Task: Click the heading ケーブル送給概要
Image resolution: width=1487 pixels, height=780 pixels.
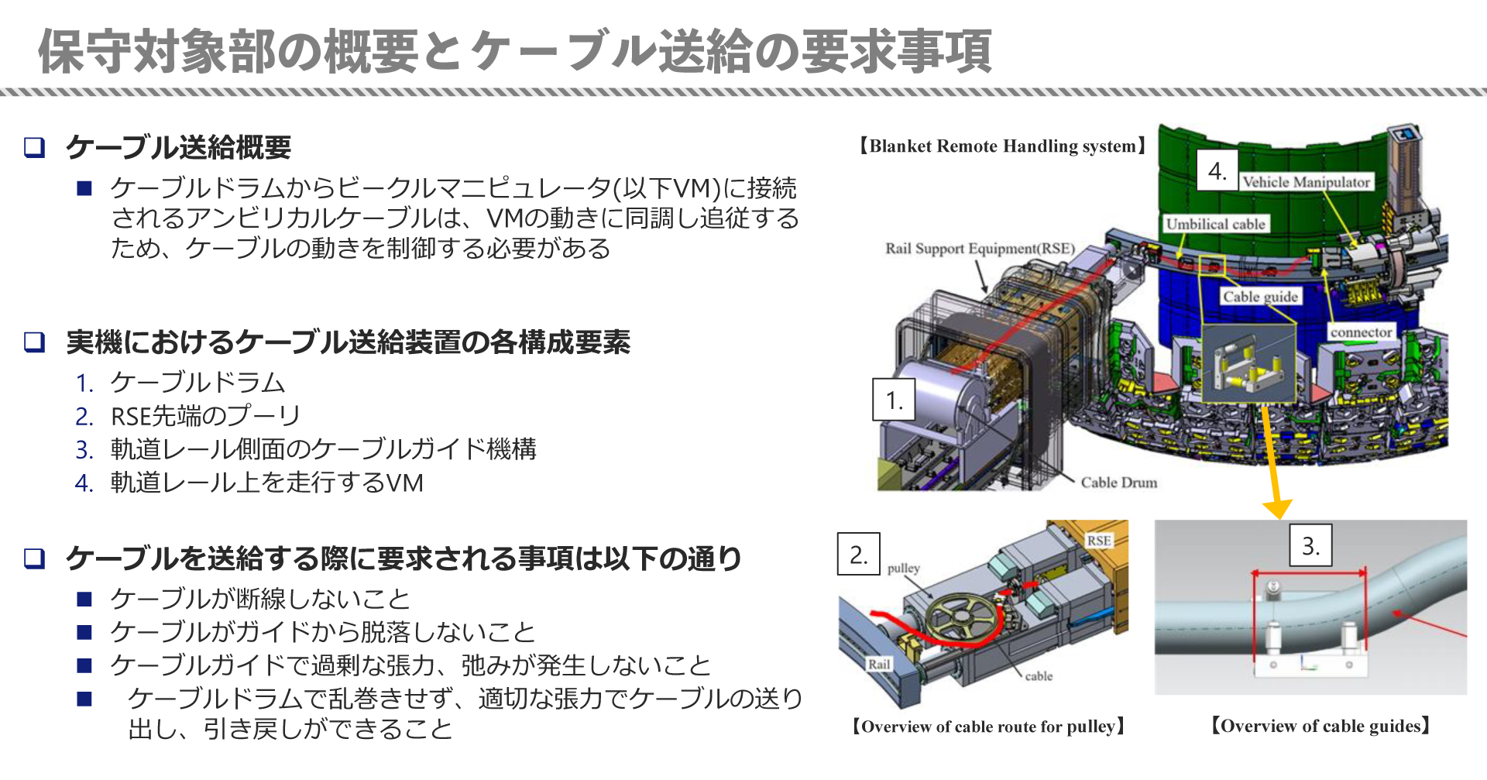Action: (x=178, y=147)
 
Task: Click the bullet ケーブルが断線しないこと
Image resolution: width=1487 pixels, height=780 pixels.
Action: (x=259, y=599)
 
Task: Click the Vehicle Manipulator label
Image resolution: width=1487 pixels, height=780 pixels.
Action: (x=1306, y=182)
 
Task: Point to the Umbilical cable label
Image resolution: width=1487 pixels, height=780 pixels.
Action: (x=1215, y=224)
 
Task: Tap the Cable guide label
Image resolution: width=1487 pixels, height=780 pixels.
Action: (x=1260, y=297)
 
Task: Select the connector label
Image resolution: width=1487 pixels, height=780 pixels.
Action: (x=1361, y=332)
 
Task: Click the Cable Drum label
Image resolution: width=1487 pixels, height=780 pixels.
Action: (x=1118, y=483)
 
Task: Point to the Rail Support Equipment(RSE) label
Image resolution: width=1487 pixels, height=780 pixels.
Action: (x=980, y=249)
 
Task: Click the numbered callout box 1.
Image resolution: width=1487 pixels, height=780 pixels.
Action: (x=894, y=400)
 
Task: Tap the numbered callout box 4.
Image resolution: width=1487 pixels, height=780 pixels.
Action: (x=1217, y=170)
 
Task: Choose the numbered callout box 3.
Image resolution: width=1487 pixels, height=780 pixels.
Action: (x=1310, y=546)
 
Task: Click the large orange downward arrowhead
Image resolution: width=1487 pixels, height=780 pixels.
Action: (x=1277, y=508)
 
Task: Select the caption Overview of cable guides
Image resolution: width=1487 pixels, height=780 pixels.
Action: (x=1320, y=726)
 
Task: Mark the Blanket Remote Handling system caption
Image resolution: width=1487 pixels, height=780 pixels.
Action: (x=1002, y=146)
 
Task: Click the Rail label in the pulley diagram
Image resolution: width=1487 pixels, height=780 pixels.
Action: (x=879, y=664)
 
